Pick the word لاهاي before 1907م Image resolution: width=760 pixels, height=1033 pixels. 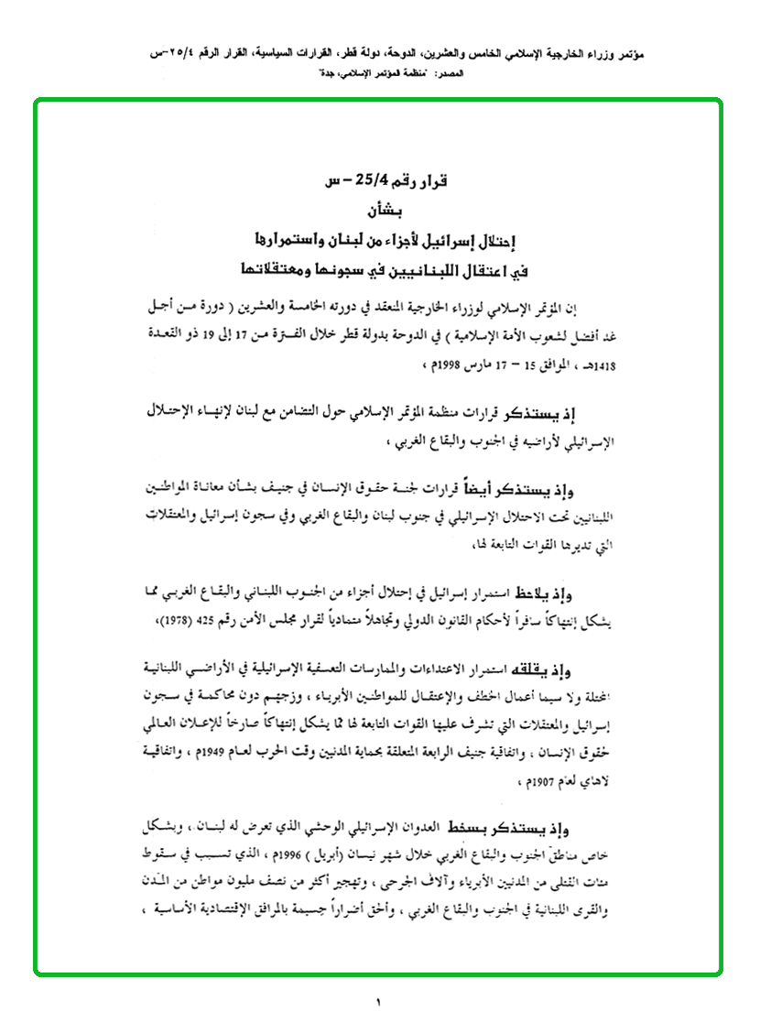point(625,781)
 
